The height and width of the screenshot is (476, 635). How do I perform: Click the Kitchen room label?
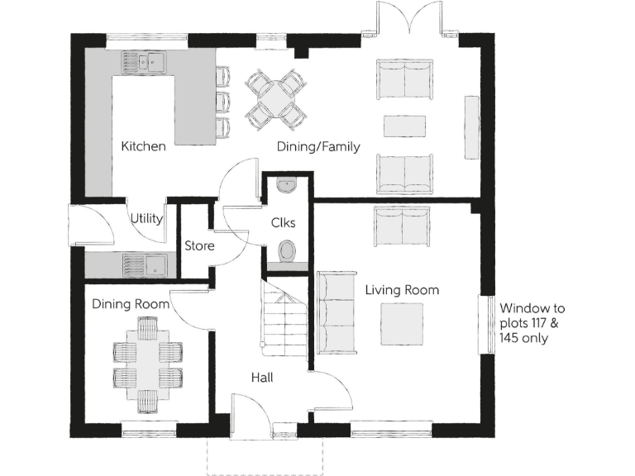click(143, 147)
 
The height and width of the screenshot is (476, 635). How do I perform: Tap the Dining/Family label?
click(318, 148)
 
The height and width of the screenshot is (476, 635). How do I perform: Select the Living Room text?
click(402, 290)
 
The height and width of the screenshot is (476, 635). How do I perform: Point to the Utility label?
click(146, 219)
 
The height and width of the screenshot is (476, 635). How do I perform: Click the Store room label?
click(199, 246)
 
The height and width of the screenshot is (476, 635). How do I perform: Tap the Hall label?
click(262, 378)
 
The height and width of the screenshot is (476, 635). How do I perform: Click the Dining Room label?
click(131, 304)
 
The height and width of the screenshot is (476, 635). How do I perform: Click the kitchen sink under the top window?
click(143, 61)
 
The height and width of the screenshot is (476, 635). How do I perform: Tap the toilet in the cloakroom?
click(287, 250)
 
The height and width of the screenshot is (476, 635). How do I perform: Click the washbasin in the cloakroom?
click(286, 186)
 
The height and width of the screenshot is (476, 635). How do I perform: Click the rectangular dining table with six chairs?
click(146, 365)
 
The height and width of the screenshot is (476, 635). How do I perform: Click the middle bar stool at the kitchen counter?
click(222, 102)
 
